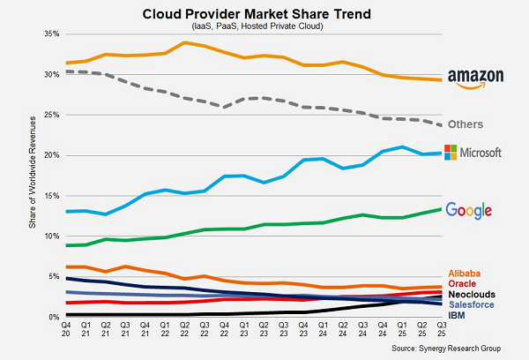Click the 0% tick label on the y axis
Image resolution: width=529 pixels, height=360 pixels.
pos(52,317)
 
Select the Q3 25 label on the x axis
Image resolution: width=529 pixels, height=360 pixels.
pos(441,329)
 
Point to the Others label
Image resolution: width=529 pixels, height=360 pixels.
pos(469,124)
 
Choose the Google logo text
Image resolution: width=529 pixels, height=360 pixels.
pos(468,210)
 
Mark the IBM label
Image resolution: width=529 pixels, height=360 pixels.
pos(458,315)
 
